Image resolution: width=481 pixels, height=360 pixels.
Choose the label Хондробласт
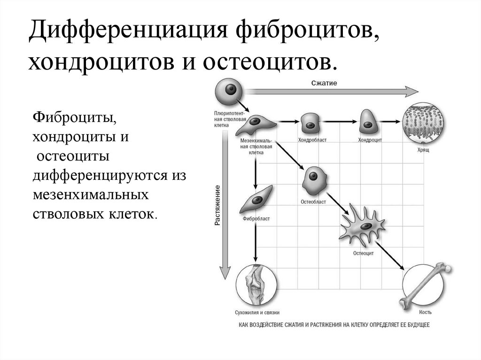click(312, 140)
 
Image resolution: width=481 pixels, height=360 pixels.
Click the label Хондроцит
click(370, 140)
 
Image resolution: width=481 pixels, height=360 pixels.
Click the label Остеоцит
click(363, 253)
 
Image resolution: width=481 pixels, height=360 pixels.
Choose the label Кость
click(426, 312)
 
